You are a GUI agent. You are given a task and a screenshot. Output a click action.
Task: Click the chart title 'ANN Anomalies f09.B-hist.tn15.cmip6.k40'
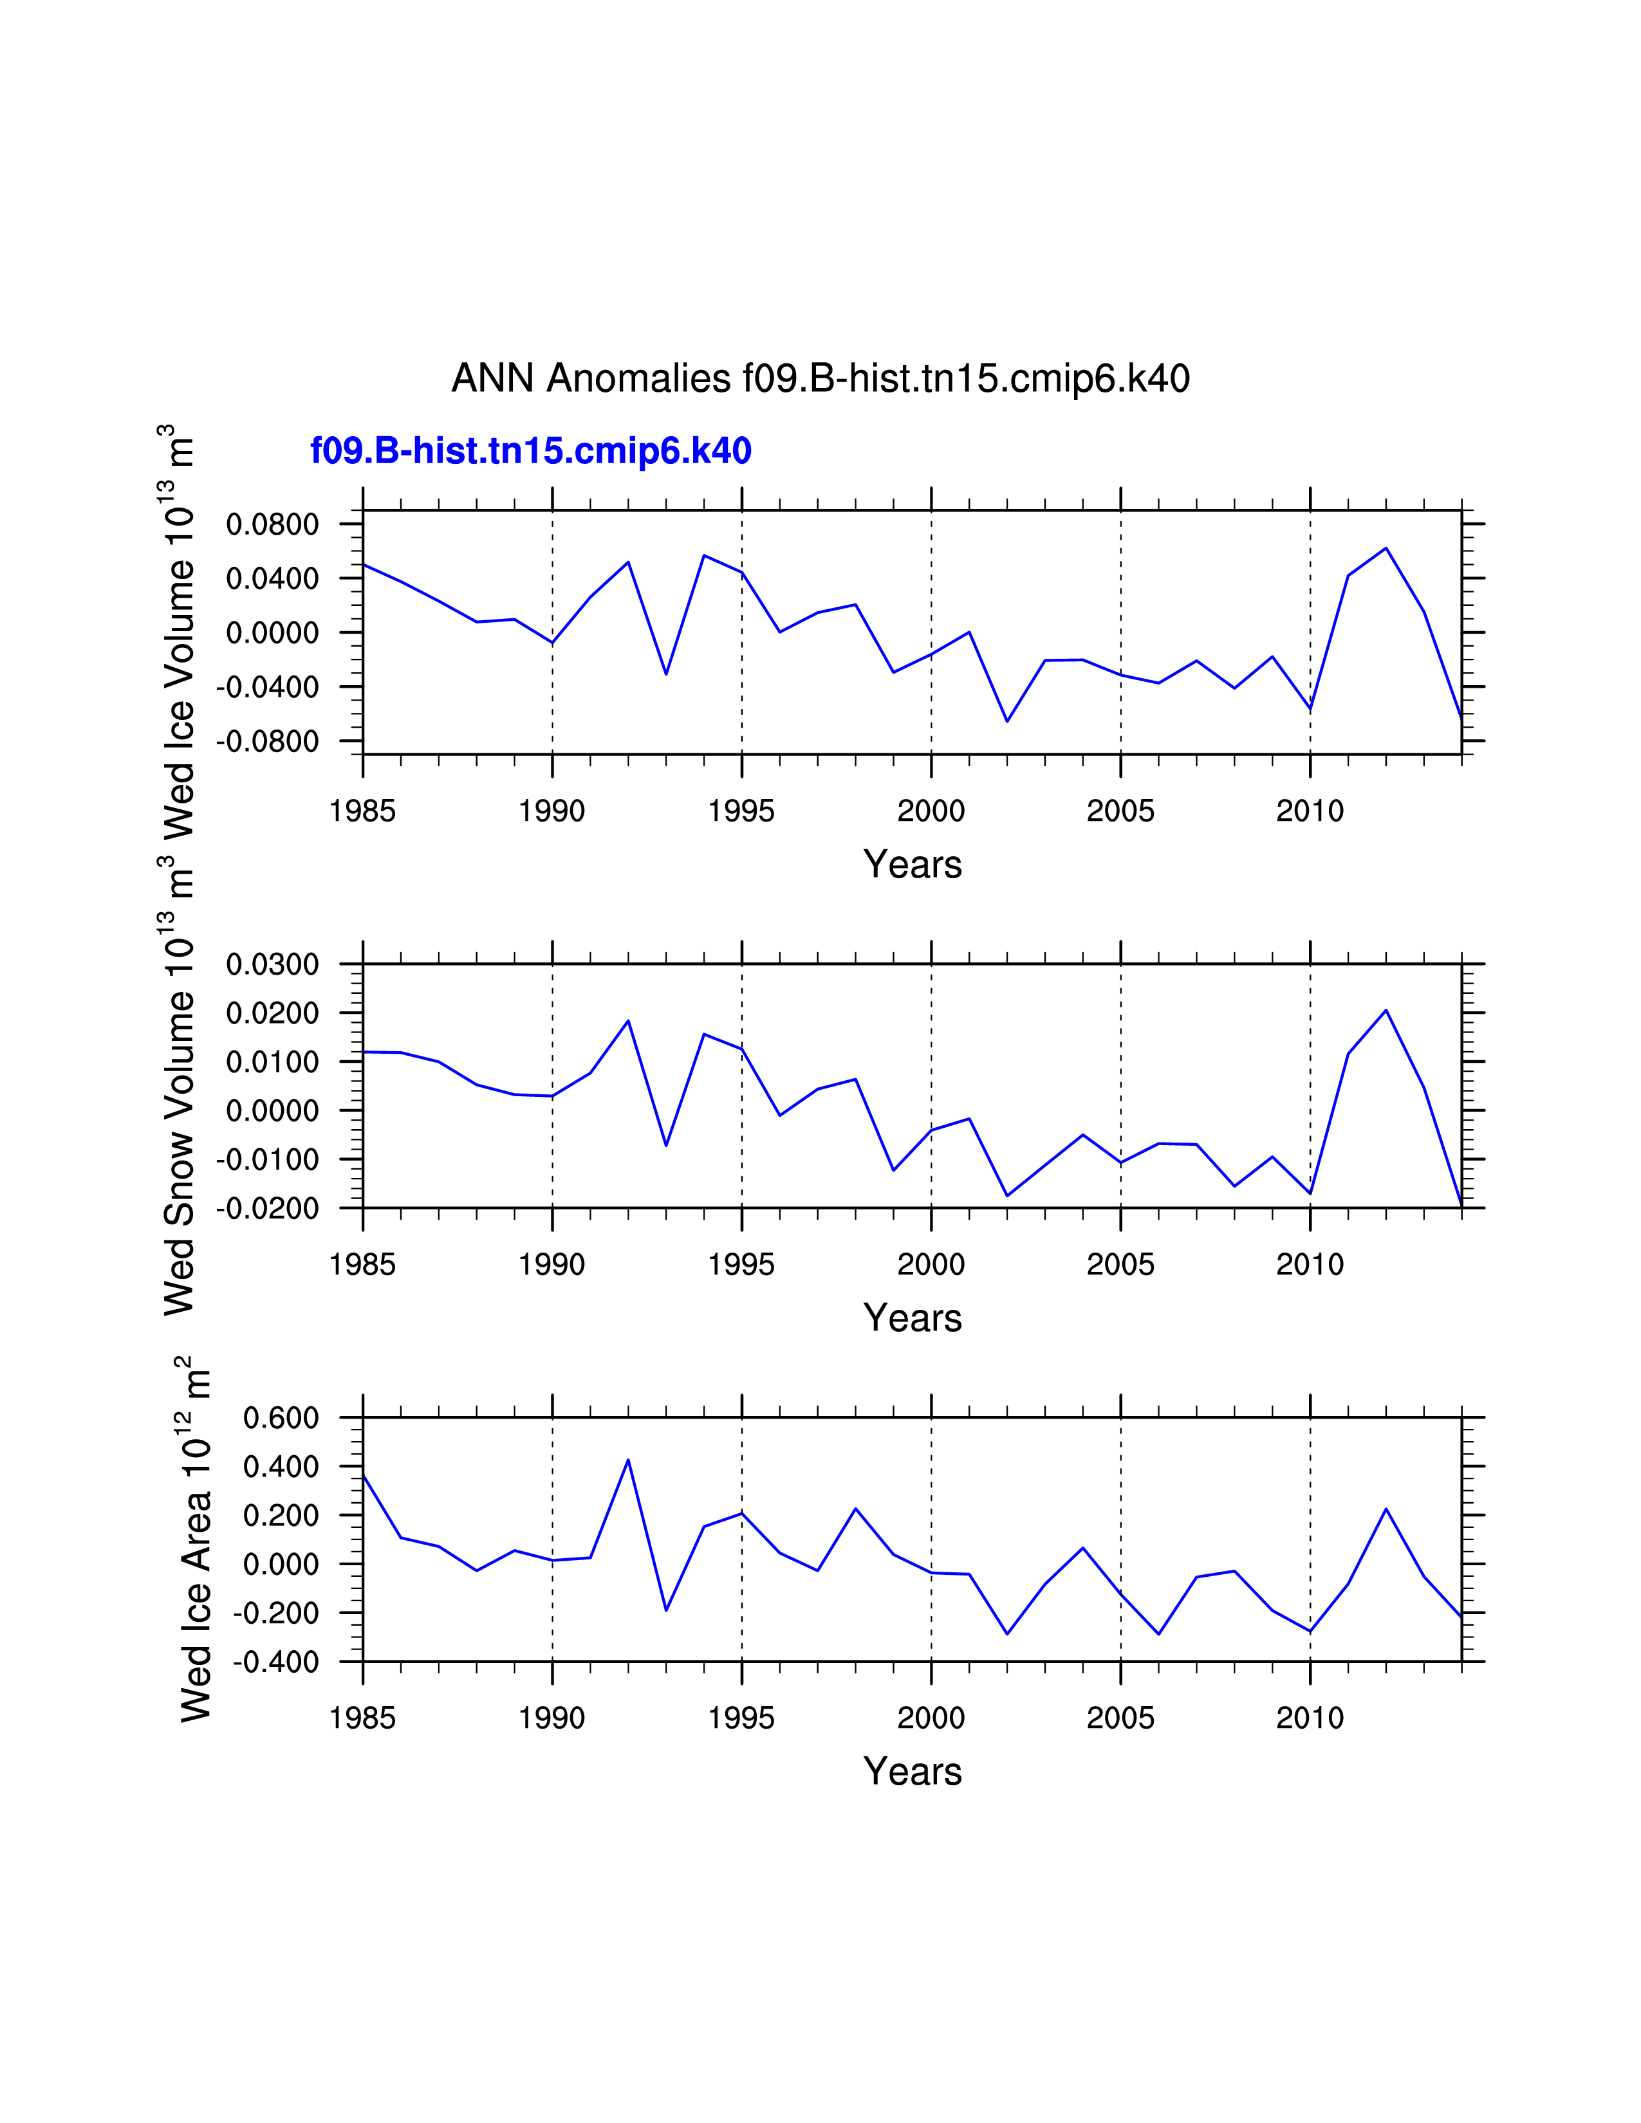tap(820, 378)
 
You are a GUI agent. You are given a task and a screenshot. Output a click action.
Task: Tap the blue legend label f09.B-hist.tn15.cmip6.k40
tap(531, 451)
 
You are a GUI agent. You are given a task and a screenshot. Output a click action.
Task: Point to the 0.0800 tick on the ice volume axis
tap(272, 525)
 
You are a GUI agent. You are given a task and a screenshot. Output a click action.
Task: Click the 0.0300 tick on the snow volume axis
tap(272, 964)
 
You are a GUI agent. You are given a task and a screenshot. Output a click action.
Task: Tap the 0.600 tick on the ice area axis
tap(281, 1419)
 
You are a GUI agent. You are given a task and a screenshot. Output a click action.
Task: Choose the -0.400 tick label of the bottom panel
tap(275, 1662)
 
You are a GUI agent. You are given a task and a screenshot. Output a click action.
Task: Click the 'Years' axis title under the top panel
tap(912, 864)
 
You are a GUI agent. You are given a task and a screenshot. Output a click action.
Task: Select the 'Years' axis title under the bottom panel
tap(912, 1771)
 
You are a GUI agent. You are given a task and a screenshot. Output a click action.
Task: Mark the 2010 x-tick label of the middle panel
tap(1310, 1265)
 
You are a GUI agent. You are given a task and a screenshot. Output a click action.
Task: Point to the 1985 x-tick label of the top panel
tap(362, 811)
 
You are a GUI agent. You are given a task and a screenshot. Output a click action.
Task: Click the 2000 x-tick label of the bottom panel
tap(931, 1718)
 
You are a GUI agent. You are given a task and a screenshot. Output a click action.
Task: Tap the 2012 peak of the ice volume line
tap(1386, 548)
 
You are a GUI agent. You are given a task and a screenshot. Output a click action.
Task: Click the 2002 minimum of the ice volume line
tap(1007, 721)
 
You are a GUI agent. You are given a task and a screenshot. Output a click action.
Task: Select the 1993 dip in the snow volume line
tap(666, 1145)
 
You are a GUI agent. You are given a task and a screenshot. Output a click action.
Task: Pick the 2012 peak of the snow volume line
tap(1386, 1011)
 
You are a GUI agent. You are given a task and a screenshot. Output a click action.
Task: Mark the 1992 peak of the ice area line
tap(628, 1460)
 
